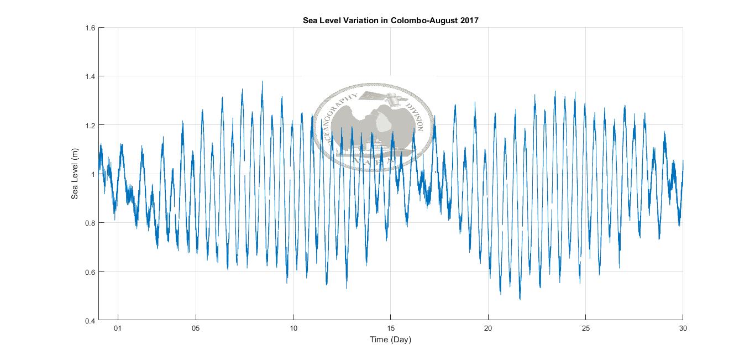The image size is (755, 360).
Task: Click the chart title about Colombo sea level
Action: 391,20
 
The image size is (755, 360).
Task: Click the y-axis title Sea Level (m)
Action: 75,174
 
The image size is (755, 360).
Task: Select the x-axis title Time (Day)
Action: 391,340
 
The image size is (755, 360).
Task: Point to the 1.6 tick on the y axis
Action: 90,28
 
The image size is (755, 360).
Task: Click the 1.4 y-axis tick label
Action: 90,76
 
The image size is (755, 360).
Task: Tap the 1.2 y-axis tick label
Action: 90,125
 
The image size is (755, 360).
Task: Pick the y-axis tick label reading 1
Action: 93,174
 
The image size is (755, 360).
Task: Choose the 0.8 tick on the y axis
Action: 90,223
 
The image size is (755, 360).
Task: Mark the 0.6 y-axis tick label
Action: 90,272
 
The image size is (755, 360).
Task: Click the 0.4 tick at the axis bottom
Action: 90,320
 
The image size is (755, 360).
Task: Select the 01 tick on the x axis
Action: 118,328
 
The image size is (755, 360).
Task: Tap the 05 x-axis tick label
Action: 196,328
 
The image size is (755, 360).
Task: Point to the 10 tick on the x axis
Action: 293,328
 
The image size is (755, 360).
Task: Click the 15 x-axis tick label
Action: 391,328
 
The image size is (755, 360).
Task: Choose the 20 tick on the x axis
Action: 488,328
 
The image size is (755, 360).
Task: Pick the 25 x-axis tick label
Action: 586,328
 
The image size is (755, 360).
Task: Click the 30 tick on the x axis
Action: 683,328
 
